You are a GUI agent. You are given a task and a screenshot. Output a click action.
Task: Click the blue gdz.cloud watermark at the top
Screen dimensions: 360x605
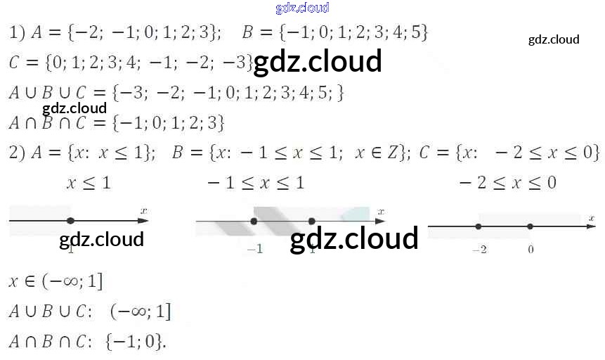click(x=302, y=8)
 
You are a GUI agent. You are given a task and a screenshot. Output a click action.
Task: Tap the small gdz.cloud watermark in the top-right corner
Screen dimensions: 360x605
click(x=554, y=39)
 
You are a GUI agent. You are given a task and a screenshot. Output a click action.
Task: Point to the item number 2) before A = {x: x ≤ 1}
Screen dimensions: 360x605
click(x=17, y=153)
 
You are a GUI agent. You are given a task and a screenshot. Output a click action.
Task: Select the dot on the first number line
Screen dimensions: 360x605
click(x=70, y=220)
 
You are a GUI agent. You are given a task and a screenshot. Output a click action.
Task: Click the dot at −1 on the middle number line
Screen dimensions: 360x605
click(x=254, y=221)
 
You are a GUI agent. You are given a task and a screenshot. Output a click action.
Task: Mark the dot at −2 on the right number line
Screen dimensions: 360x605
click(x=478, y=226)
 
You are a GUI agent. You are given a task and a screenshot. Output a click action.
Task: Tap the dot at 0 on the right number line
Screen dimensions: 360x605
click(x=530, y=226)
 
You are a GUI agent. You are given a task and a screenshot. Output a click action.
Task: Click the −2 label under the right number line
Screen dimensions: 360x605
click(x=479, y=249)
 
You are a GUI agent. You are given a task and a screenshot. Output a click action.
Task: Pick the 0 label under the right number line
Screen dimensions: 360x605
click(x=531, y=249)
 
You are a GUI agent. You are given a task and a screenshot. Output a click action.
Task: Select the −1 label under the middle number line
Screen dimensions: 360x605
click(x=254, y=249)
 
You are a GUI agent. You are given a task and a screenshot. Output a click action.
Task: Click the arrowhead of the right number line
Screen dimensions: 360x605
click(x=590, y=226)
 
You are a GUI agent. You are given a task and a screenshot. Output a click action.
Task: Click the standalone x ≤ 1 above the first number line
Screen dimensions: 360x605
click(x=88, y=184)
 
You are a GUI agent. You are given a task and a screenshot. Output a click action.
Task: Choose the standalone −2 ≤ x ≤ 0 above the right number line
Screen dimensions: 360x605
click(x=507, y=184)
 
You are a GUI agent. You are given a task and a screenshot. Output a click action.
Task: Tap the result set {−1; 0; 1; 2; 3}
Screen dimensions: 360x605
click(x=168, y=123)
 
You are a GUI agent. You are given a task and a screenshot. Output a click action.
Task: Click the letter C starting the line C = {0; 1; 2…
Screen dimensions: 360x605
click(x=14, y=63)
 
